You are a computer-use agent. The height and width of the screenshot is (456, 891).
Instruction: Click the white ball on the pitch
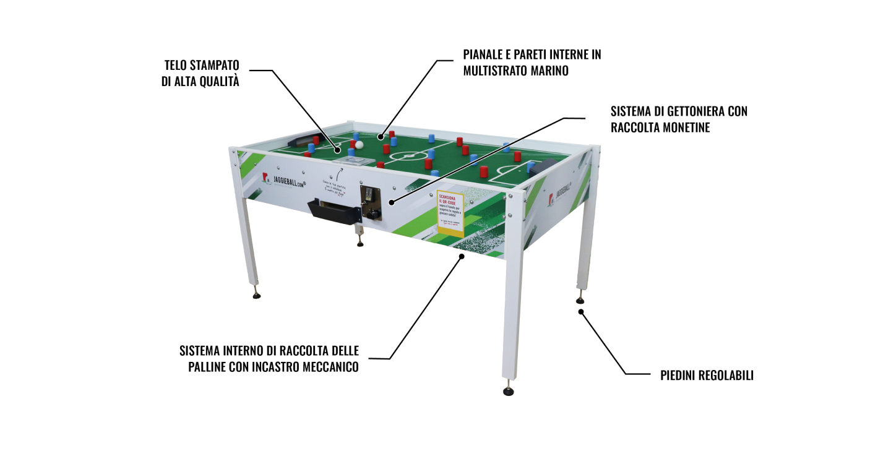[x=359, y=145]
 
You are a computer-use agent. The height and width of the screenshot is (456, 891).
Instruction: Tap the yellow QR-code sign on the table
[x=450, y=213]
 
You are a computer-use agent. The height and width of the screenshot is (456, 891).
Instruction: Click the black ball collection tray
[x=335, y=211]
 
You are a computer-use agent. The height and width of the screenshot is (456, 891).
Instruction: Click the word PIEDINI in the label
[x=679, y=375]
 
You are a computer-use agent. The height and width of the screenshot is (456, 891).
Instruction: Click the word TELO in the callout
[x=177, y=65]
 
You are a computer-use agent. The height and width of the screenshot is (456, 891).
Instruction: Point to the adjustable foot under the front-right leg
[x=509, y=391]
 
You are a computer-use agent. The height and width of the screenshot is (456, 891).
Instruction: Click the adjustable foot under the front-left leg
[x=256, y=295]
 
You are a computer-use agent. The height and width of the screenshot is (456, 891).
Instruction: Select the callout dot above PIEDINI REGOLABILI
[x=581, y=312]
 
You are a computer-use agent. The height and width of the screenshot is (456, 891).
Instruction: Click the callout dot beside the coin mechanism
[x=390, y=202]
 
